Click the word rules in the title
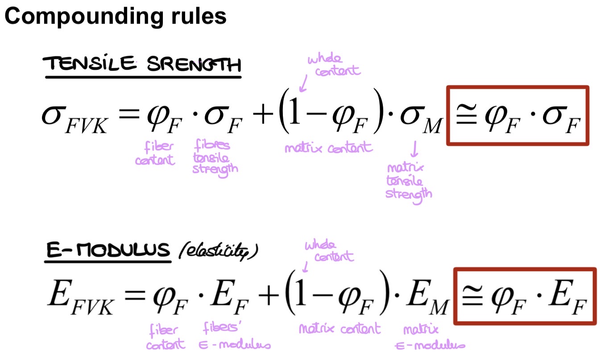(199, 16)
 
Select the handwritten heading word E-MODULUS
(108, 249)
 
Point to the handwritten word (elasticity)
(218, 251)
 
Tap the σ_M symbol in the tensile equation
(421, 120)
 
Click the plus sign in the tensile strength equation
(263, 115)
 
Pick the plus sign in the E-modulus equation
(269, 295)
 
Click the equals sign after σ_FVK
(129, 114)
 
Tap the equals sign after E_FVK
(135, 294)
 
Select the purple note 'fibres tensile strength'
(215, 158)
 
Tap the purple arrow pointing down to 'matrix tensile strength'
(414, 149)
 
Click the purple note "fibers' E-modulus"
(234, 336)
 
